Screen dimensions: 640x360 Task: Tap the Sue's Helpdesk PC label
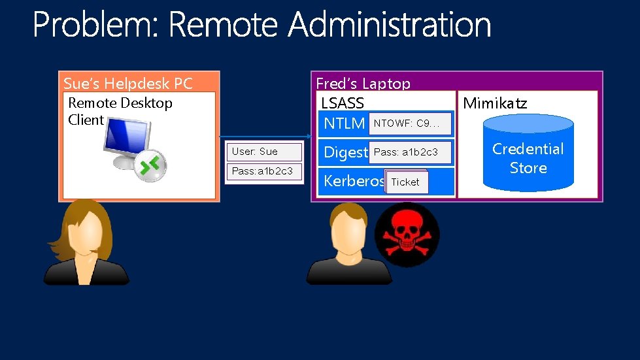click(x=128, y=84)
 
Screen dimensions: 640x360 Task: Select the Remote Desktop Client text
click(x=120, y=111)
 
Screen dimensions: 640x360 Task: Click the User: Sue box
click(x=263, y=152)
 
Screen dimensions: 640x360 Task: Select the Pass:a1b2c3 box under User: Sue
click(x=263, y=171)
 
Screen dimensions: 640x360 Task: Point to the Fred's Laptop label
click(x=363, y=84)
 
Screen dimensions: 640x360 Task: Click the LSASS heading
click(x=343, y=103)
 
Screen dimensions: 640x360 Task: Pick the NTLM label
click(x=345, y=122)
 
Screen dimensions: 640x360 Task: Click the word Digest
click(x=346, y=152)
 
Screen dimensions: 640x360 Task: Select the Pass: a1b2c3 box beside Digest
click(x=410, y=152)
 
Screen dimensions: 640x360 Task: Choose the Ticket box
click(x=406, y=182)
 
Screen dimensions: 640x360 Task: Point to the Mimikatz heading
click(x=495, y=103)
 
